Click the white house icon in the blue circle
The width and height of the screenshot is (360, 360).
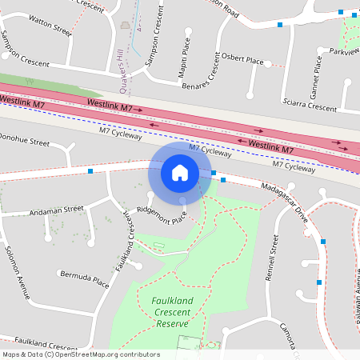[180, 172]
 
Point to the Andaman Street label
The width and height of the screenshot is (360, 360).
[56, 209]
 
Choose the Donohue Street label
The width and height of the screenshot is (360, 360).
[24, 140]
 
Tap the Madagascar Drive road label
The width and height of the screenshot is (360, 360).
[284, 198]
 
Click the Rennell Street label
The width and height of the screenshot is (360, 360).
[274, 258]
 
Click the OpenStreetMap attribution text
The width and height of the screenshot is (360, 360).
[81, 354]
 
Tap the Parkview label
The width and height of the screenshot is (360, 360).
[344, 51]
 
